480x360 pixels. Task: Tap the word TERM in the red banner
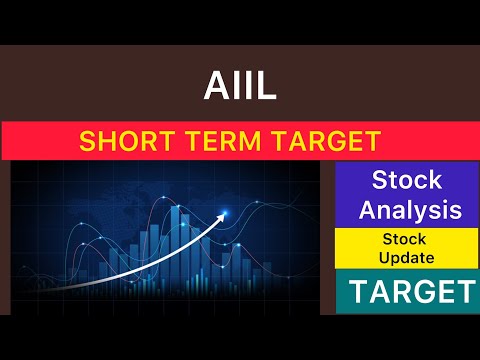tap(212, 141)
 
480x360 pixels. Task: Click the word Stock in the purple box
tap(405, 181)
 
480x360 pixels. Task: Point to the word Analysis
tap(405, 210)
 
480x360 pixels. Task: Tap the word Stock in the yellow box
tap(405, 240)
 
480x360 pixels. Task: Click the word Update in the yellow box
tap(405, 257)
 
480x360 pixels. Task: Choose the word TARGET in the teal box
tap(405, 292)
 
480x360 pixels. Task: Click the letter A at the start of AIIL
tap(211, 88)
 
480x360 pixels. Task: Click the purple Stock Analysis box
tap(405, 195)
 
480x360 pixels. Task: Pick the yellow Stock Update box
tap(405, 248)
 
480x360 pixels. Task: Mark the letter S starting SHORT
tap(87, 141)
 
